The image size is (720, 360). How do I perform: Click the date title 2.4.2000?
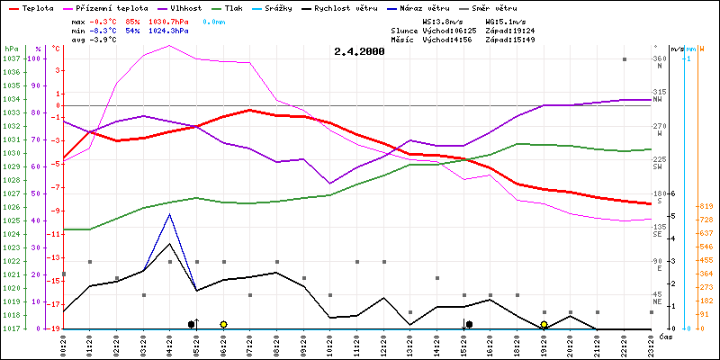(358, 51)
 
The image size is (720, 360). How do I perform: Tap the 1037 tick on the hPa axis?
(11, 58)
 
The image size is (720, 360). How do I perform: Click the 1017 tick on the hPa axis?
(11, 328)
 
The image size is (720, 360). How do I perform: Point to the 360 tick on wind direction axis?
(661, 58)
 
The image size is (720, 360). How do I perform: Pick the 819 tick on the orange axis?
(706, 206)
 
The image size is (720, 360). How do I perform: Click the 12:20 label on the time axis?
(383, 344)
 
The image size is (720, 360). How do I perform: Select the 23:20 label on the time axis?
(650, 344)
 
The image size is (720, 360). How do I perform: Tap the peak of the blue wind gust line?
(170, 214)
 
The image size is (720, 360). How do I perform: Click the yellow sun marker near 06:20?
(223, 324)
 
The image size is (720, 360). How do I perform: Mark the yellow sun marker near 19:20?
(544, 324)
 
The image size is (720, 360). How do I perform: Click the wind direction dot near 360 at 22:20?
(624, 59)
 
